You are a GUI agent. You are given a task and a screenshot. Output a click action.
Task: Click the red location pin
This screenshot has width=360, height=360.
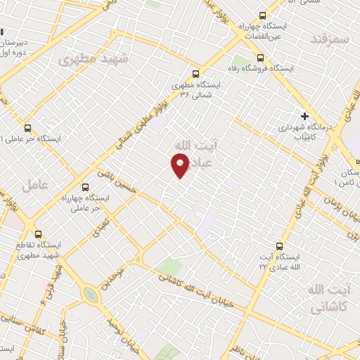click(181, 165)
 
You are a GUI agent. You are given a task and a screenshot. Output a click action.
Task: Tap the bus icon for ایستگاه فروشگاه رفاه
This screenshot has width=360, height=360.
click(260, 58)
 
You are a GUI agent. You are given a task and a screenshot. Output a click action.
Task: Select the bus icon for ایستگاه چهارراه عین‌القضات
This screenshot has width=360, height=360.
click(262, 15)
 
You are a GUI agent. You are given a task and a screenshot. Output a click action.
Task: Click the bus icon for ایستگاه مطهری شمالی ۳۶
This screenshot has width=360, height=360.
click(195, 73)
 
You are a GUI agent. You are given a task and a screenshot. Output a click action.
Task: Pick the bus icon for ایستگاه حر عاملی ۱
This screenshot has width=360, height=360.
click(27, 129)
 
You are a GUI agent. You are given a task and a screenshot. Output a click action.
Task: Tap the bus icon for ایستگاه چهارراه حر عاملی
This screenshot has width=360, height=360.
click(85, 188)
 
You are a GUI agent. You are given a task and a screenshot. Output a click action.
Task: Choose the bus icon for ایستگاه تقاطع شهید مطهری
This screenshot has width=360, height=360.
click(37, 234)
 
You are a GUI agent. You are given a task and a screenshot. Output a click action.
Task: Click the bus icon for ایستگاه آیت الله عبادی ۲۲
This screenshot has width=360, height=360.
click(279, 246)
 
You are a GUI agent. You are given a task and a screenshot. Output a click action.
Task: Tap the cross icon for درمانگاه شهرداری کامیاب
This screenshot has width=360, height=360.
click(304, 116)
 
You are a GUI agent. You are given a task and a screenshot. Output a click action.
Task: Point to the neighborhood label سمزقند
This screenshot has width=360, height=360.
click(329, 39)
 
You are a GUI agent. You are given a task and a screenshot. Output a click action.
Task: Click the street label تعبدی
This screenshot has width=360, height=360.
click(102, 224)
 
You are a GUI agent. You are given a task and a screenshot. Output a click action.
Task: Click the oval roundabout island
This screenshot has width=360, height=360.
click(90, 295)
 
